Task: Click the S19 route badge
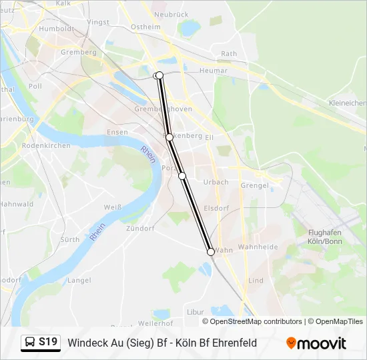40,343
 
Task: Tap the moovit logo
316,343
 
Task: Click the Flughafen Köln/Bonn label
325,236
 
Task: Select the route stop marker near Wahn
211,252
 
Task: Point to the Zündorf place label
140,228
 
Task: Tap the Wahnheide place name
258,247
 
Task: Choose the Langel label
79,281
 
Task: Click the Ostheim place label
146,27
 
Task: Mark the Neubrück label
171,14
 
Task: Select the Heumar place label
214,70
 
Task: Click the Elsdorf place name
217,207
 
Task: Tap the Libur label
196,311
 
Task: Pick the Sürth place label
70,239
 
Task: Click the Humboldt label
56,29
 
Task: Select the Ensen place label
117,132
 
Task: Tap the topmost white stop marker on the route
159,75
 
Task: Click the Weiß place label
113,207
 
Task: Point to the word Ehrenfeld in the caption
230,343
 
